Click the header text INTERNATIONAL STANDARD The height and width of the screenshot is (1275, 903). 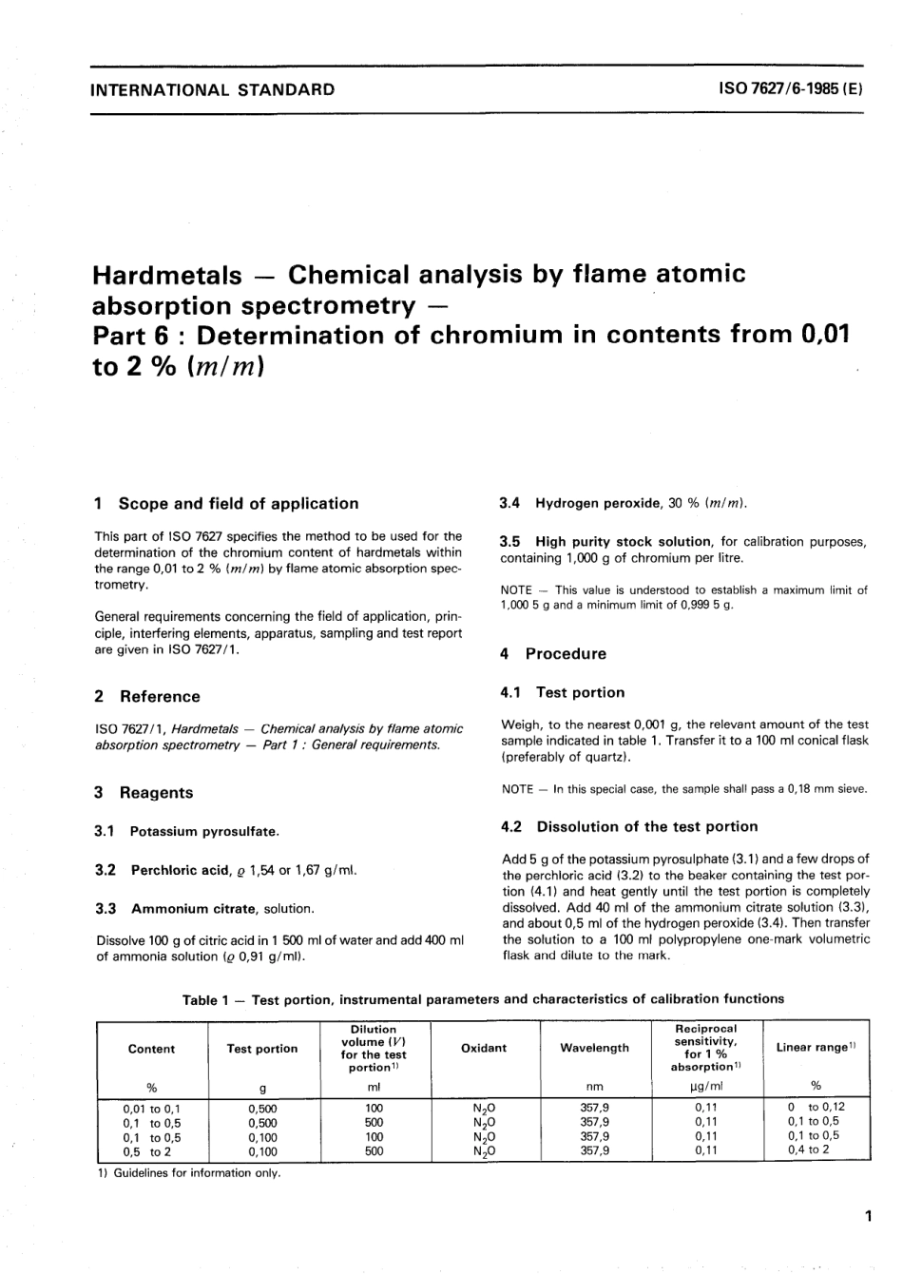(210, 90)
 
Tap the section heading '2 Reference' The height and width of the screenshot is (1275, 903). (147, 697)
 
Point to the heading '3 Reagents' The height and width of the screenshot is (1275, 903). (144, 793)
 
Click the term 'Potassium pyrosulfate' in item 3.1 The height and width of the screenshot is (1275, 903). (204, 832)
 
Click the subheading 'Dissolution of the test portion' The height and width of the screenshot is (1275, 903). (647, 827)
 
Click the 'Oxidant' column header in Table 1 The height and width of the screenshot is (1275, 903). (484, 1048)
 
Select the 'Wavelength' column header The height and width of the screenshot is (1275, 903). (595, 1048)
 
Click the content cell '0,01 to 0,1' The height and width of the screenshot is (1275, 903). (152, 1108)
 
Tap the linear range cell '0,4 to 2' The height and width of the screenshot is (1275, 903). (809, 1149)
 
